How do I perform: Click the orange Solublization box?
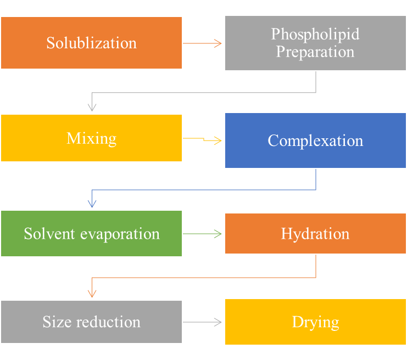(91, 43)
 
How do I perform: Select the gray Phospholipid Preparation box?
(315, 43)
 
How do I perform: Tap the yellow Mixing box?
(91, 138)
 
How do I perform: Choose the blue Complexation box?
(315, 140)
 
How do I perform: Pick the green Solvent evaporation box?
(91, 233)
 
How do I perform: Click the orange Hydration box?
(315, 233)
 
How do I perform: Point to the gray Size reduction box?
(91, 322)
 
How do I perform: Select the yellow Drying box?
(315, 322)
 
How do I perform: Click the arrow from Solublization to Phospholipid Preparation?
(203, 43)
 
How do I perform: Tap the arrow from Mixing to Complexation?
(203, 139)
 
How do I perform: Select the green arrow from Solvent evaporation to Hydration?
(203, 234)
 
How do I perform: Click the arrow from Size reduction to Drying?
(203, 322)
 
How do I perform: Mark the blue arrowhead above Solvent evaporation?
(92, 204)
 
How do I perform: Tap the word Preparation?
(315, 52)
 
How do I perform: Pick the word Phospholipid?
(315, 34)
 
